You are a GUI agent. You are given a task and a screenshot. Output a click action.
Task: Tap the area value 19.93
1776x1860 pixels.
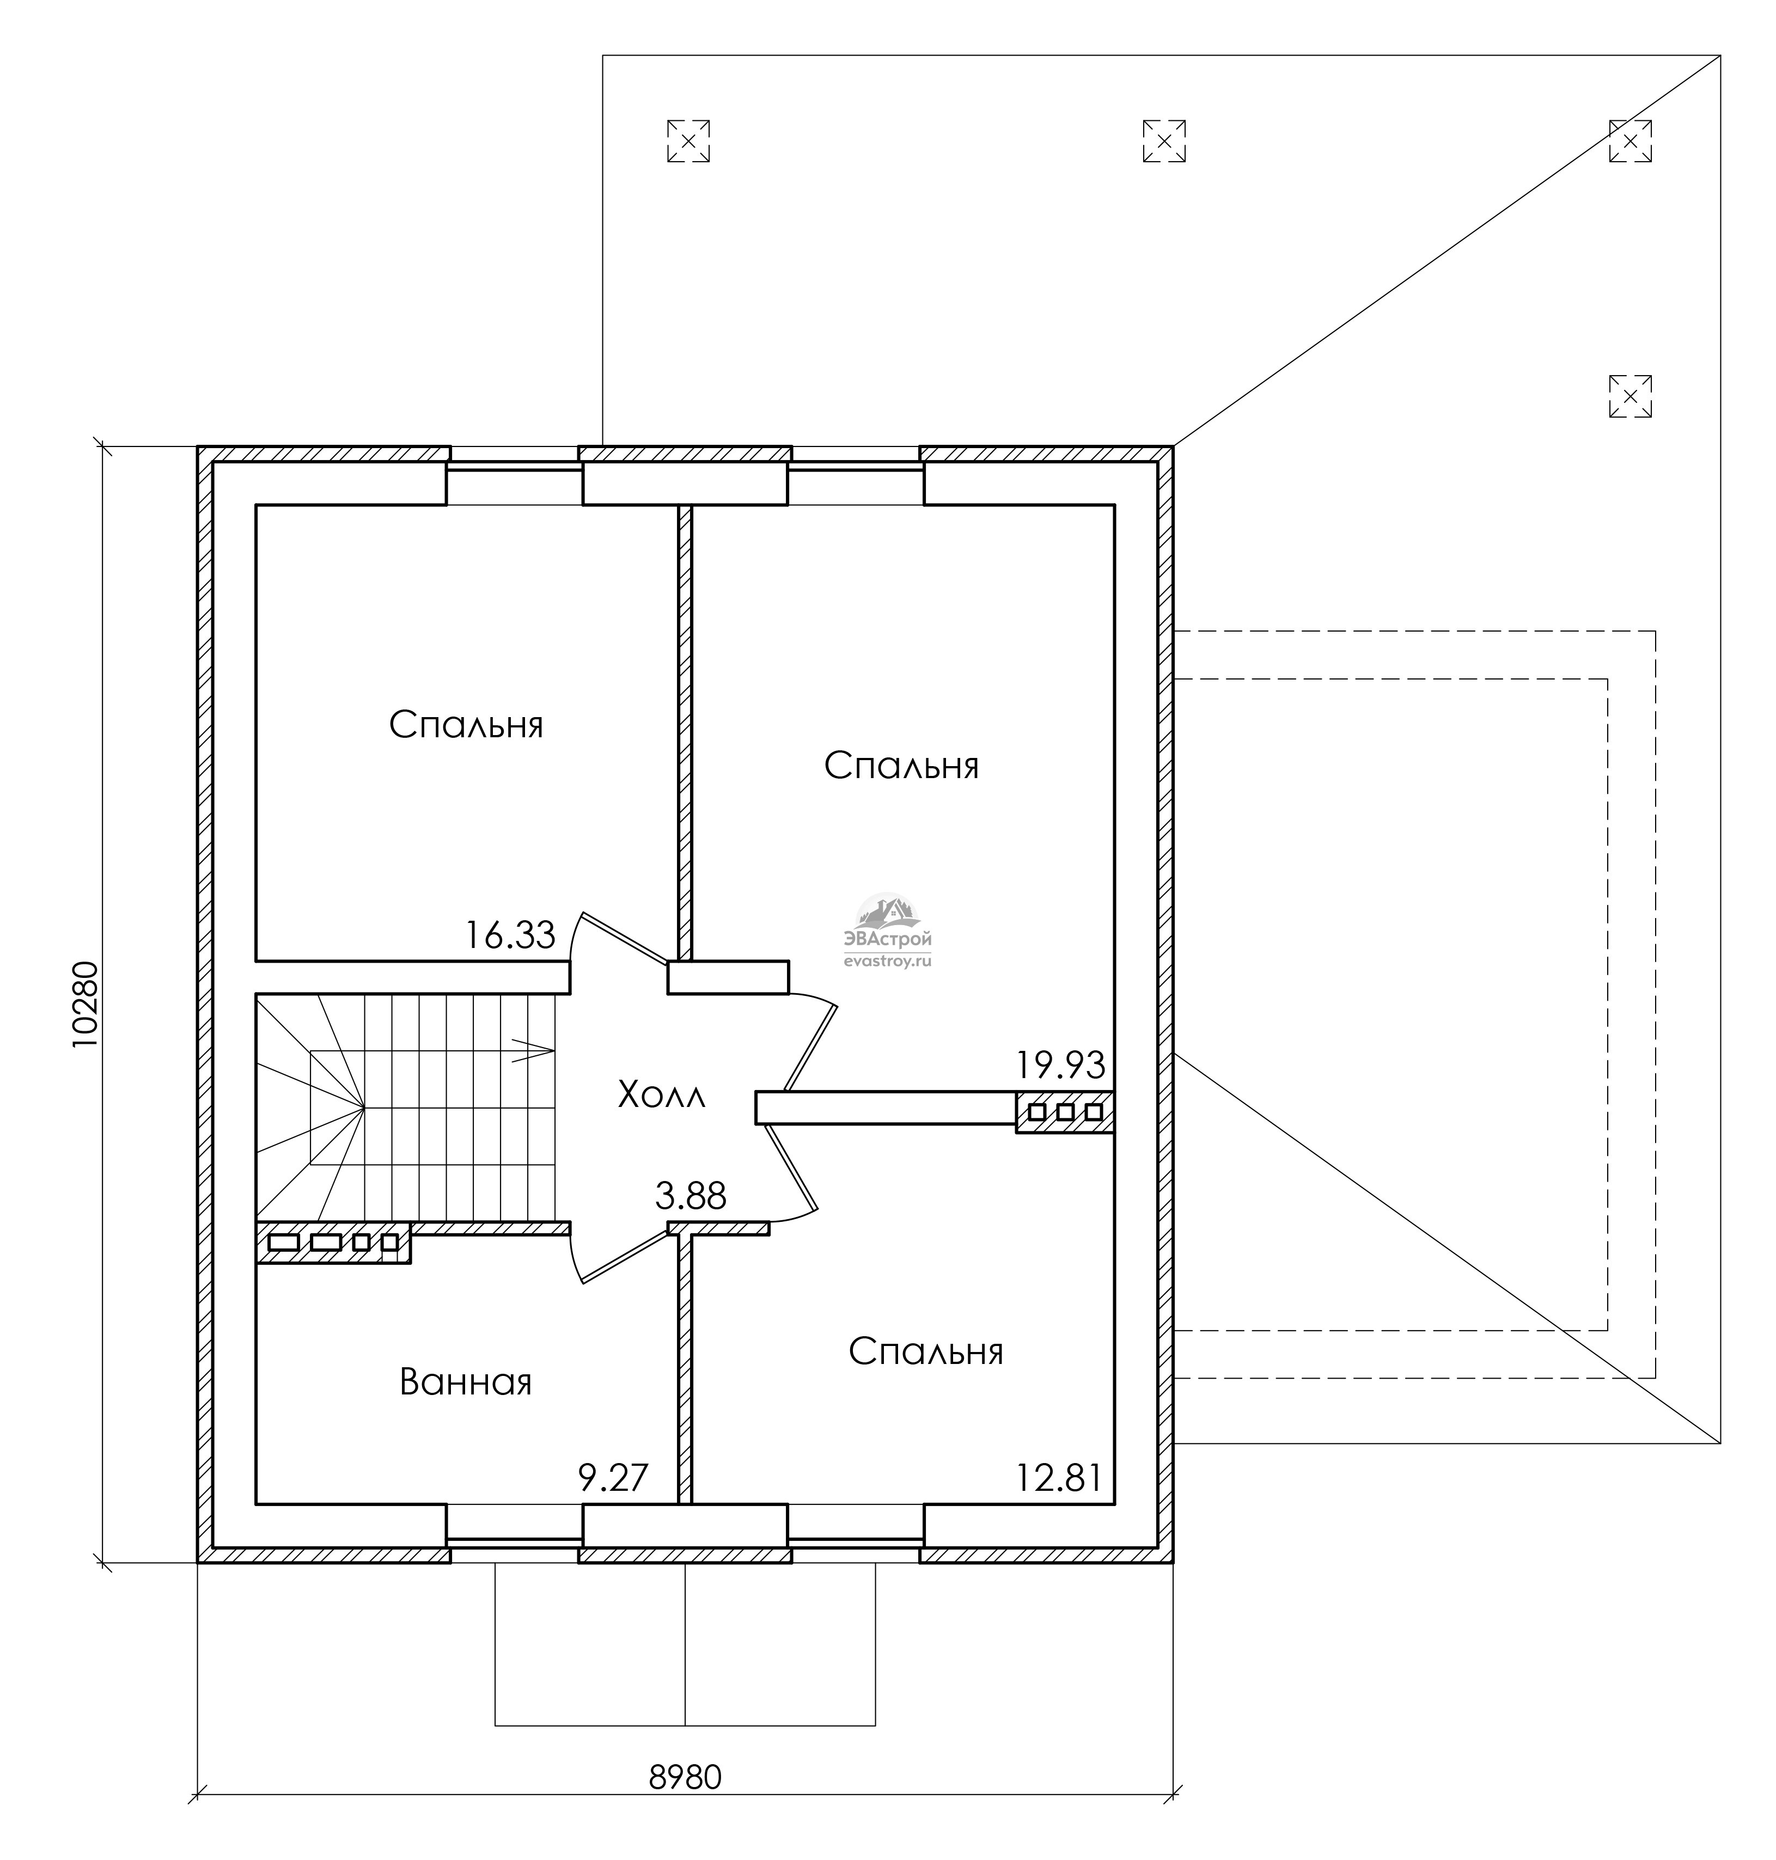(x=1060, y=1066)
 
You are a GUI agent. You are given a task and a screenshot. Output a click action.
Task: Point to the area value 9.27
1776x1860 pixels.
(x=613, y=1478)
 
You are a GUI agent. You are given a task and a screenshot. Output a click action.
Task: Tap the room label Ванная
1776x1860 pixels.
(x=466, y=1383)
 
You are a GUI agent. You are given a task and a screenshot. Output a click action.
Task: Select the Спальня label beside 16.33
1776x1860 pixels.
(x=467, y=726)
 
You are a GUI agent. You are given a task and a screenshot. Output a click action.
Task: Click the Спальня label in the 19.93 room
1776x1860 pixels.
(x=901, y=766)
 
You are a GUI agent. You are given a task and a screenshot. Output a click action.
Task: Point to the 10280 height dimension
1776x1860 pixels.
(x=85, y=1004)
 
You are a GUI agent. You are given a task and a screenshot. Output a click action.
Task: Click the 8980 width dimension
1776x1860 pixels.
(x=686, y=1778)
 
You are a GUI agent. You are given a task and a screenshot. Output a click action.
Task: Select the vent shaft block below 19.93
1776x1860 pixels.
(x=1065, y=1112)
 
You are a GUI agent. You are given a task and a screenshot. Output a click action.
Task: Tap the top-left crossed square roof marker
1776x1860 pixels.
(x=688, y=141)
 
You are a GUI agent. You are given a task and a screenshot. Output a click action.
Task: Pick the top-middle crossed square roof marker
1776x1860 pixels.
(x=1164, y=141)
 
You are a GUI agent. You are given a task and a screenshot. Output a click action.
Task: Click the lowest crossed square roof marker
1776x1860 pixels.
(x=1630, y=396)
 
